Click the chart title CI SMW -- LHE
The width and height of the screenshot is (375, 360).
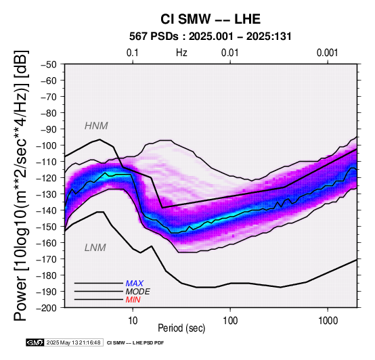211,19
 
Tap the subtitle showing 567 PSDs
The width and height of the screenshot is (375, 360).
211,37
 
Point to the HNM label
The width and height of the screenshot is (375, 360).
96,126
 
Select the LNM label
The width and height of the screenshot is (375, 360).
95,248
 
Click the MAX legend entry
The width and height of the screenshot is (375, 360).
135,284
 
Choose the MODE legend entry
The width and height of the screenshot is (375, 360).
138,292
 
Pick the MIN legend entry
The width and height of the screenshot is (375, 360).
133,300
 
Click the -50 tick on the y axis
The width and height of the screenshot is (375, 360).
49,64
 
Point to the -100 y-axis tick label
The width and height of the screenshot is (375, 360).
47,145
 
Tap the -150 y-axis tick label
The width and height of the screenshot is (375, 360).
47,227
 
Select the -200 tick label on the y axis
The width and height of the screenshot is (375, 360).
47,308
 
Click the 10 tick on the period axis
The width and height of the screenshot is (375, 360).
133,321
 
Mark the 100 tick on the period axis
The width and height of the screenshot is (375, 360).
230,321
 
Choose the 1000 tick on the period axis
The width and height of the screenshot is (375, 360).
328,321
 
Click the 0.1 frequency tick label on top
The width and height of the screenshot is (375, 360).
133,53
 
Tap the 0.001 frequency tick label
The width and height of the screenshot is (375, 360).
328,53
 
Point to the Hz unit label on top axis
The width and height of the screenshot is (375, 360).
181,53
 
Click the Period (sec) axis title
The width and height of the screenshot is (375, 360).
181,328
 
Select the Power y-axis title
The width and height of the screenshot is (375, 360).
20,185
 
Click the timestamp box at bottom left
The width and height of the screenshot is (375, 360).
73,342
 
